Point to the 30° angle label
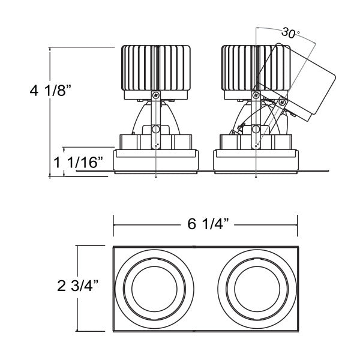coord(289,34)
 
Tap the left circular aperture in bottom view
coord(155,287)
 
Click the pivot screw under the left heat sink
coord(156,95)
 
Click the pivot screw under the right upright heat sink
coord(256,95)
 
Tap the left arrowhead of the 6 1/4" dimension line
coord(116,226)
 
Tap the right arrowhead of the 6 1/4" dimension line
coord(297,226)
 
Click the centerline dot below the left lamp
coord(156,178)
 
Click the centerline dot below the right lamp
coord(256,178)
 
